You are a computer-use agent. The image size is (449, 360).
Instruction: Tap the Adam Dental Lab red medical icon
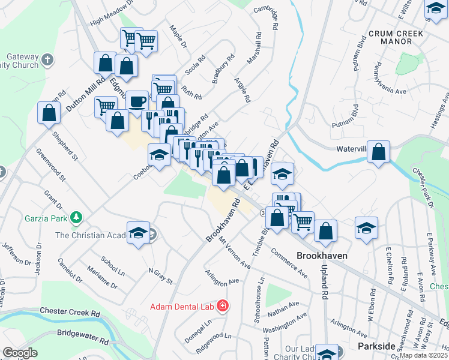click(x=223, y=307)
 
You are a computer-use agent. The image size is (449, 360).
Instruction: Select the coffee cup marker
click(x=137, y=101)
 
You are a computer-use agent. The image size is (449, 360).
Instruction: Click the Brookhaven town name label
click(x=322, y=255)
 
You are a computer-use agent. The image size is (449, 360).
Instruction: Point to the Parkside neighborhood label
click(x=376, y=346)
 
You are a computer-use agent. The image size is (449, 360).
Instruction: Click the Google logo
click(x=19, y=353)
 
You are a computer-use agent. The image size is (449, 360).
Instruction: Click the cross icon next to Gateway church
click(x=48, y=61)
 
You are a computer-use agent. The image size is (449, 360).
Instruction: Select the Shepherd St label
click(x=65, y=147)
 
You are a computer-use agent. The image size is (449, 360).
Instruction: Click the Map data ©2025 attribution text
click(x=424, y=355)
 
